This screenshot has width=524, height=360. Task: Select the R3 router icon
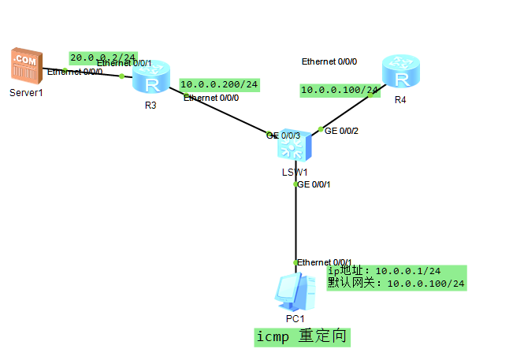[151, 78]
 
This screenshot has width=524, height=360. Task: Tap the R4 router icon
[401, 73]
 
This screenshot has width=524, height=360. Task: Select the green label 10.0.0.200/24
[219, 84]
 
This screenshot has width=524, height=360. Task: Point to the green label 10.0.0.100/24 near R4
[340, 91]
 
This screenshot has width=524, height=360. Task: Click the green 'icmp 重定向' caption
[302, 337]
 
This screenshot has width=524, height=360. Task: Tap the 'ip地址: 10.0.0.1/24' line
[384, 271]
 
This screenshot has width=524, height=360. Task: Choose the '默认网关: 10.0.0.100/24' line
[396, 284]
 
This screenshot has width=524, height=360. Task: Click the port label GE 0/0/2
[341, 131]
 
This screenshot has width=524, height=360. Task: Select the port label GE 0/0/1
[313, 184]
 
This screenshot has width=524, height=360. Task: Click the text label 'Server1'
[25, 93]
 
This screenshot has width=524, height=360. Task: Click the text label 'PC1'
[295, 319]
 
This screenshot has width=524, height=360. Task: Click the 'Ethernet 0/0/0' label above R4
[329, 61]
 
